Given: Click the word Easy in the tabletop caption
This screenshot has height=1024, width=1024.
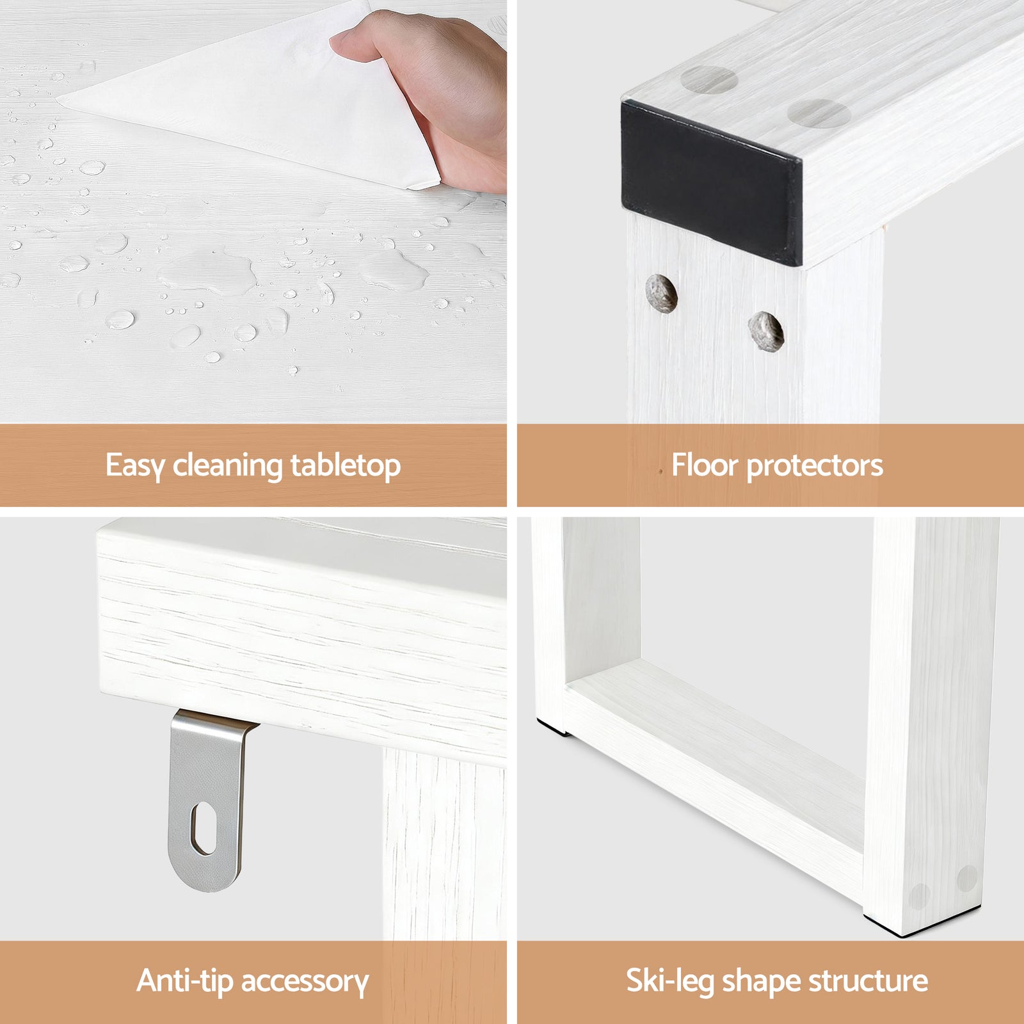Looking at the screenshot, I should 134,465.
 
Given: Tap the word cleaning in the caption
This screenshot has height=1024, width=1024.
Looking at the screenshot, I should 227,465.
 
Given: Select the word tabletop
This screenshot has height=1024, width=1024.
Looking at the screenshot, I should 346,465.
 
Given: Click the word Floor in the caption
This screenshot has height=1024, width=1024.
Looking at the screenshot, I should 704,465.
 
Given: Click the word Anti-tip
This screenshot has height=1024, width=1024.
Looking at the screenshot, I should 184,980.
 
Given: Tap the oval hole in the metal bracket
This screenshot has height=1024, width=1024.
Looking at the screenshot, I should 204,829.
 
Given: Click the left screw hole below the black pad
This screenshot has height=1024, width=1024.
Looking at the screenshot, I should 661,294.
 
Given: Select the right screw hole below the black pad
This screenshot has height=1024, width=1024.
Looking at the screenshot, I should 766,331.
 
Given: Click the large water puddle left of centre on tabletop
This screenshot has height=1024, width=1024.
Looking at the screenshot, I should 205,272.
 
